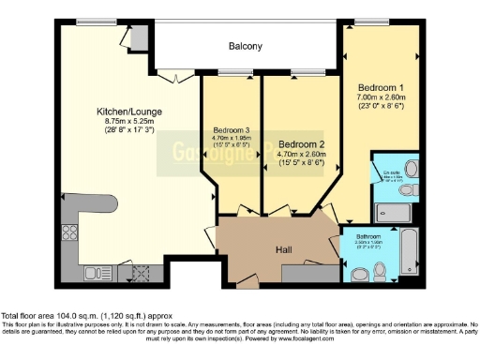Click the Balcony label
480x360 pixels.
pos(245,46)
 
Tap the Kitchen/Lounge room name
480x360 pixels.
pos(131,112)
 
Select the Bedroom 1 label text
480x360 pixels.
pos(380,86)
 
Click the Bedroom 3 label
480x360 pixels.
pos(231,129)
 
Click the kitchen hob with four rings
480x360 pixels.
pos(69,232)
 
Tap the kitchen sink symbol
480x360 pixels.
pos(96,273)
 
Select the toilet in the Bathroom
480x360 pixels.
pos(359,273)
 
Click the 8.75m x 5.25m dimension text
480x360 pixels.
pos(131,121)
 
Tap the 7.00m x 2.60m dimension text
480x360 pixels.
pos(380,97)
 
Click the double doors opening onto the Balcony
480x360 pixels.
pos(175,75)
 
